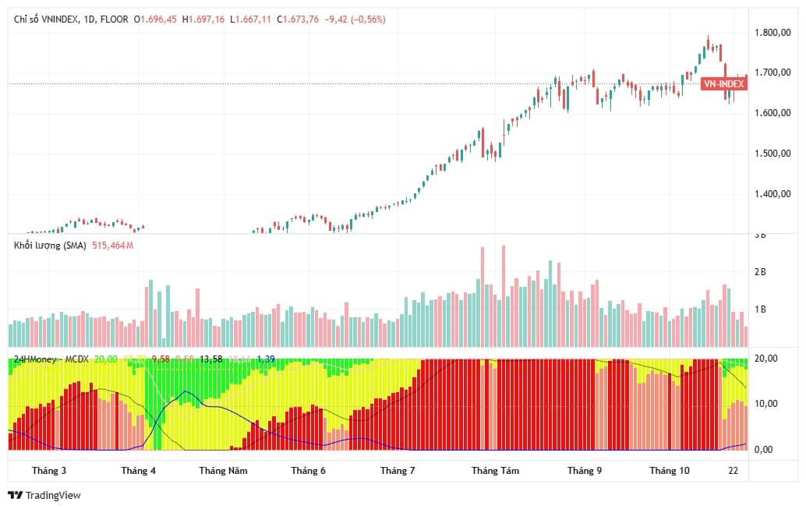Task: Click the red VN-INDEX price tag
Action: coord(723,83)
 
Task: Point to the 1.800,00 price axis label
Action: coord(773,33)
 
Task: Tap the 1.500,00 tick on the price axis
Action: coord(773,154)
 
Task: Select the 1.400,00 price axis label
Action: coord(773,194)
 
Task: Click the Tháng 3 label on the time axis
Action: coord(48,471)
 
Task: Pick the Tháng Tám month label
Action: coord(495,471)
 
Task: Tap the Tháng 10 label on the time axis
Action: coord(670,471)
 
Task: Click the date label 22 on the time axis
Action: coord(734,471)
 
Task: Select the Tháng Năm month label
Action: coord(223,471)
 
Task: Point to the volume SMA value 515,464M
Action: coord(115,246)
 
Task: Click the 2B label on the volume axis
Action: coord(760,272)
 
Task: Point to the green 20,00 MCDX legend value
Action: coord(106,359)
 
